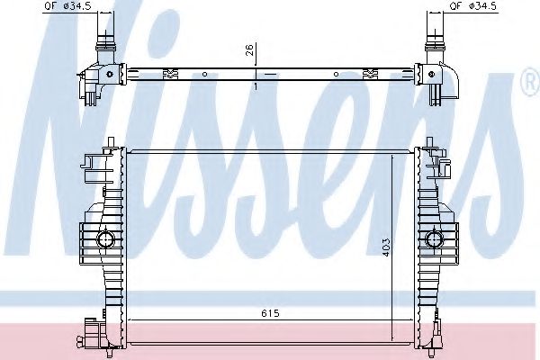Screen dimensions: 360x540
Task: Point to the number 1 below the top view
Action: point(256,86)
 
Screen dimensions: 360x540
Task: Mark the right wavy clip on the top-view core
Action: point(370,72)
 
